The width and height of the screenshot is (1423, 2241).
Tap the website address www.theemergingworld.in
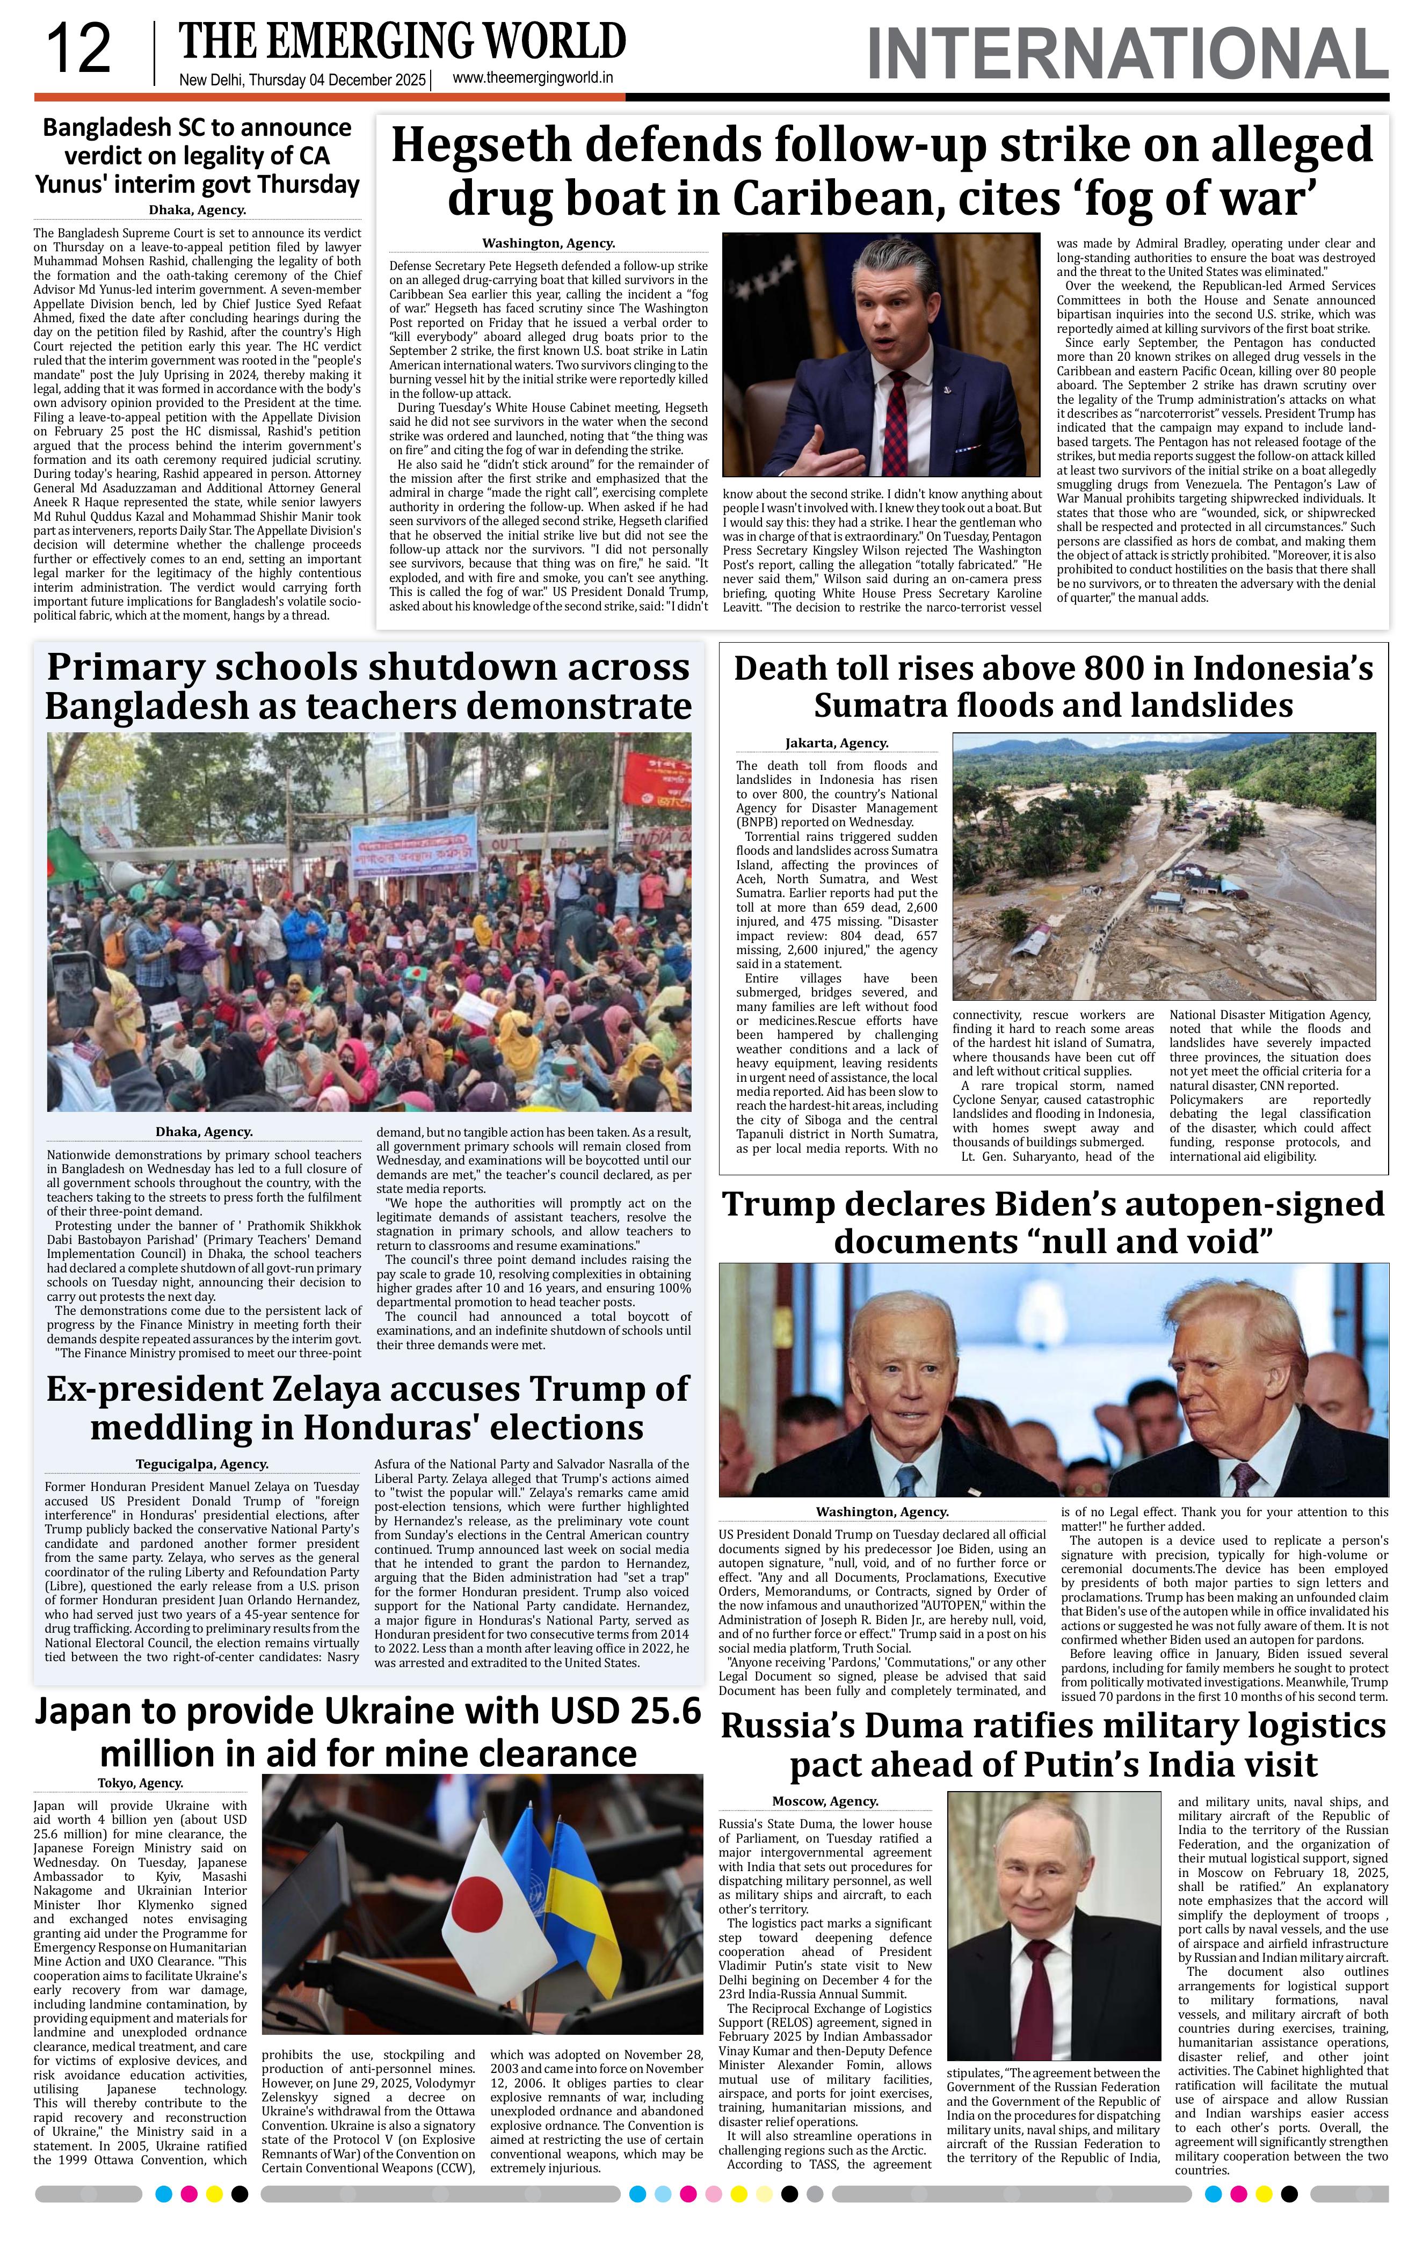click(532, 78)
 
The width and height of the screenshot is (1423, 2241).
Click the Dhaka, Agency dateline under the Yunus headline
click(197, 210)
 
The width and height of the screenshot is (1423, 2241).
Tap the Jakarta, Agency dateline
click(837, 743)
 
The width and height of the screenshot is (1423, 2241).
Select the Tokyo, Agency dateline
click(141, 1783)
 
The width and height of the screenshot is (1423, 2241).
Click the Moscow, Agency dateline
click(825, 1801)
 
